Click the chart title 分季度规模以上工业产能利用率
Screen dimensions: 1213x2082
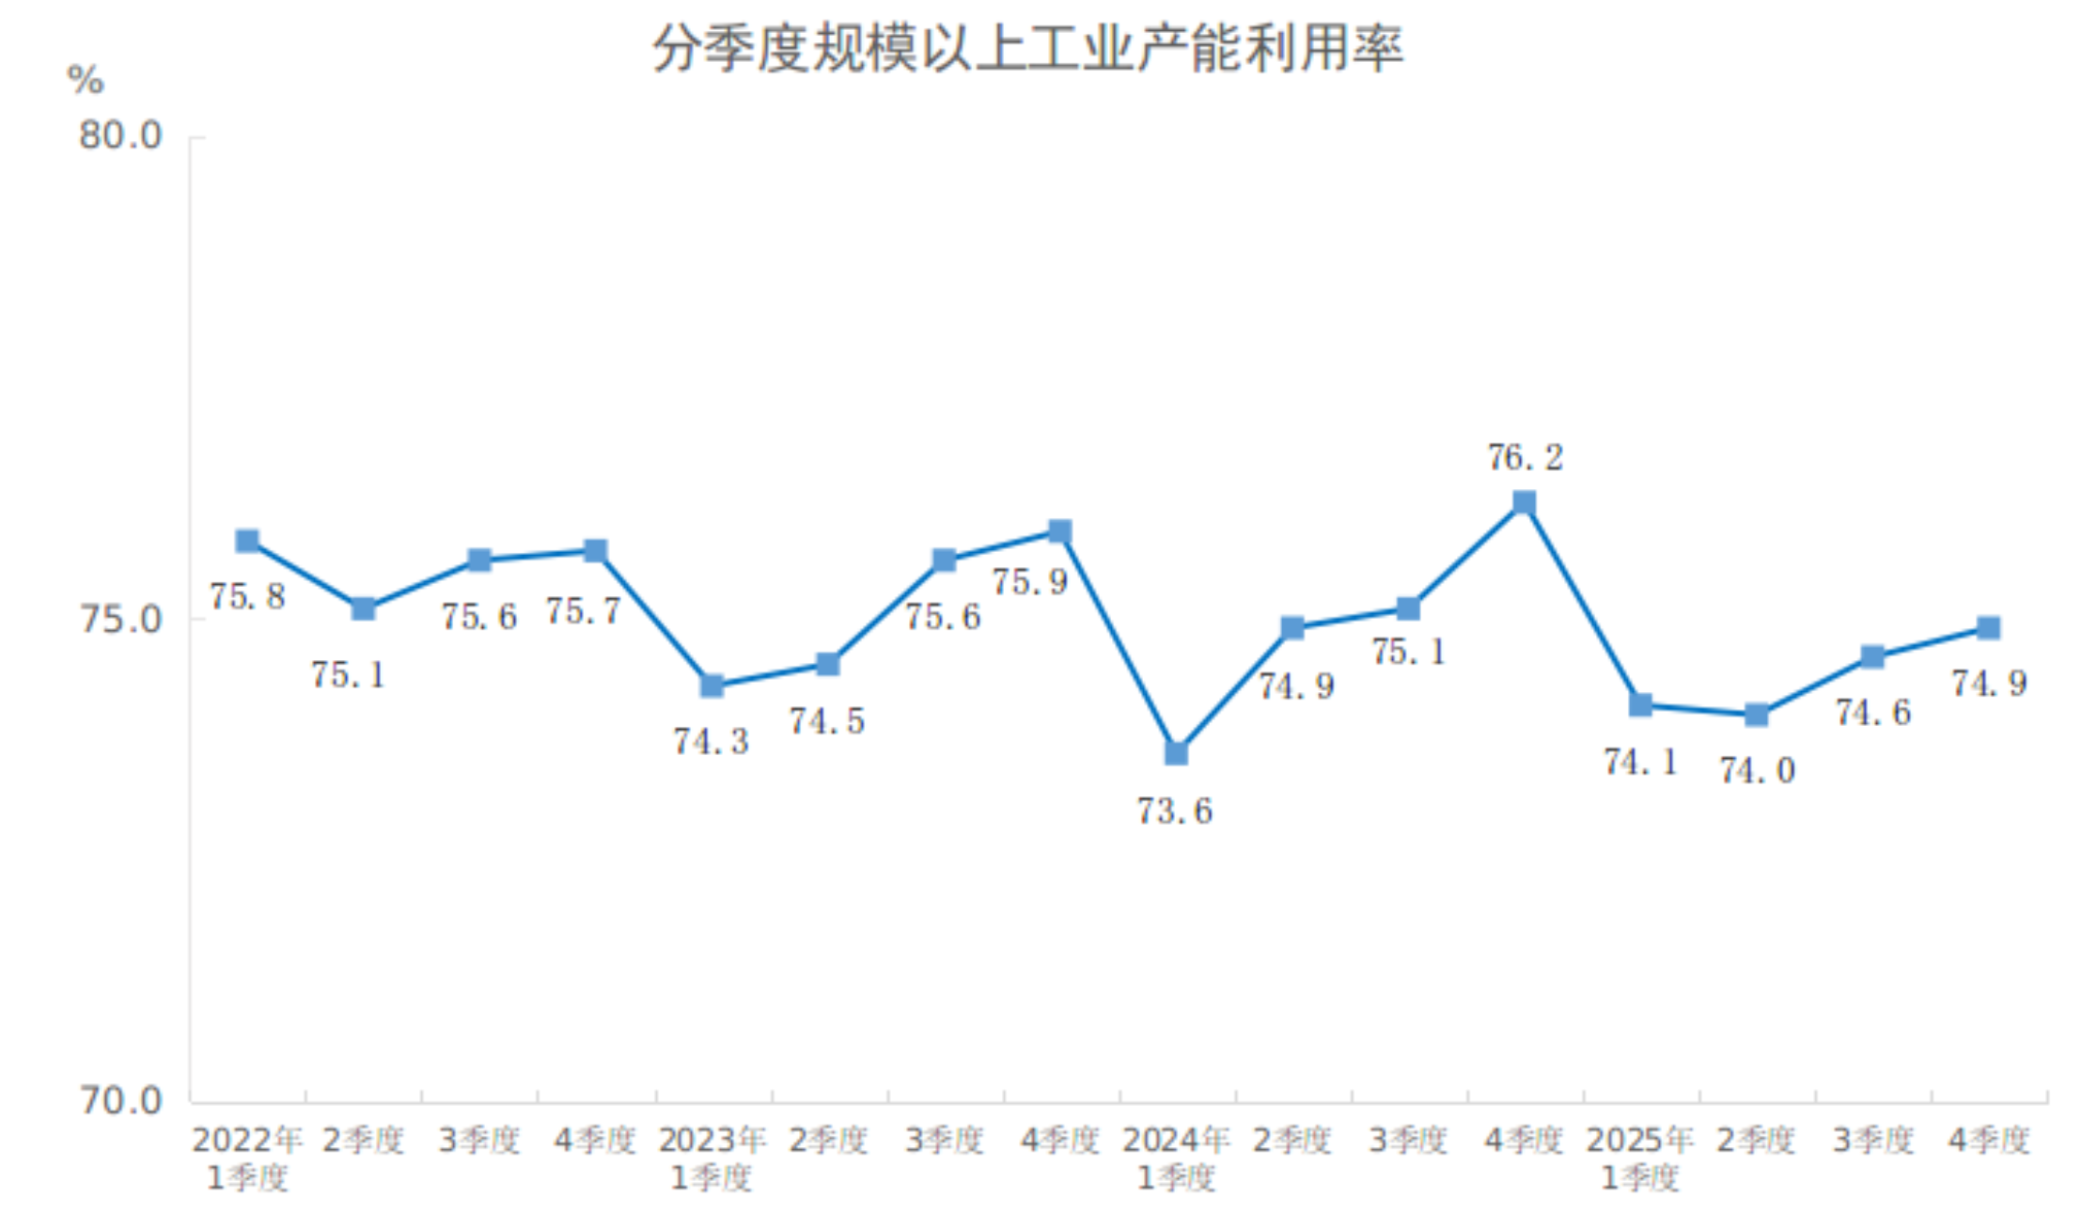tap(1028, 49)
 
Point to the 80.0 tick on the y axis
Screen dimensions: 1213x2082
tap(120, 136)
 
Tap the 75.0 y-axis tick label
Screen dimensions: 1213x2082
tap(120, 620)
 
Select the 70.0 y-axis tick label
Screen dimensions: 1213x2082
tap(120, 1100)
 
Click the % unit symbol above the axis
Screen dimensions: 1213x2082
tap(85, 80)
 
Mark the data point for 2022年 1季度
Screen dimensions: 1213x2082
tap(247, 541)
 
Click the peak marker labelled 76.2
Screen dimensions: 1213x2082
tap(1524, 503)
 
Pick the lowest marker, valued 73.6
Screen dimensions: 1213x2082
tap(1176, 753)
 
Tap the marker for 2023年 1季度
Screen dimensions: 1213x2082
tap(712, 685)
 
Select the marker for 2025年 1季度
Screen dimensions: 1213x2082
tap(1640, 705)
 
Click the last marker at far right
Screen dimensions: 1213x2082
tap(1988, 628)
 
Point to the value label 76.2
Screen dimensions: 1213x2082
tap(1525, 458)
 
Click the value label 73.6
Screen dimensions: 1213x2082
tap(1175, 811)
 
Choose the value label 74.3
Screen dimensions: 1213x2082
tap(712, 742)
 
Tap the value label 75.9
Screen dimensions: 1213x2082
tap(1030, 582)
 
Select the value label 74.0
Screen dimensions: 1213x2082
tap(1757, 771)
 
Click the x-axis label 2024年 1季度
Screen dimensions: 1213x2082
tap(1176, 1158)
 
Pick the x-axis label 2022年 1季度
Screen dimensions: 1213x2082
tap(247, 1158)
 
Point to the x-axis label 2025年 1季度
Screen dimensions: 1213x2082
tap(1640, 1158)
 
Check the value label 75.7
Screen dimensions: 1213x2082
tap(584, 611)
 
